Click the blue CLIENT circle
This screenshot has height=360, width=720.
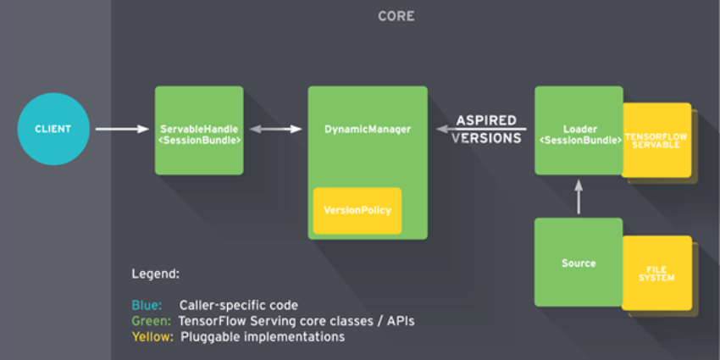(x=53, y=129)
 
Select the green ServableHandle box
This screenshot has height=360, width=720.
(x=199, y=130)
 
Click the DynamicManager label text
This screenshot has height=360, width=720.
(x=368, y=130)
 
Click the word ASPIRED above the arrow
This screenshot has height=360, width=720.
(x=487, y=120)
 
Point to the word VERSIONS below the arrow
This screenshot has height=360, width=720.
(x=486, y=138)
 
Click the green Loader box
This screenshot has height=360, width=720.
(x=579, y=130)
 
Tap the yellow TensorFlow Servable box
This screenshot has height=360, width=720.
(x=657, y=140)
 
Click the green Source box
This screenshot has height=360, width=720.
(x=579, y=263)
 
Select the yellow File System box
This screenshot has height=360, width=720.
(x=657, y=273)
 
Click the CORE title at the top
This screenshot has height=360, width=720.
(x=396, y=16)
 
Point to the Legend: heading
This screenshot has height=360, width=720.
(x=155, y=275)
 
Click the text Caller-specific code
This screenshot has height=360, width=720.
(x=239, y=305)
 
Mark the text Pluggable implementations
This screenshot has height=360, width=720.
(x=263, y=336)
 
